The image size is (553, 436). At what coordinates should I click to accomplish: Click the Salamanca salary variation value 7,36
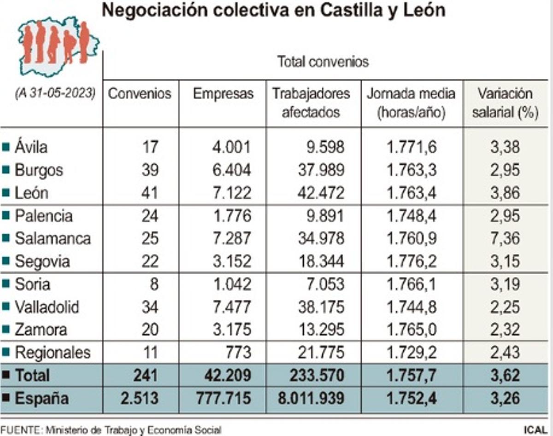505,239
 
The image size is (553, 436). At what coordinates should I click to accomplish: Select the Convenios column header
140,94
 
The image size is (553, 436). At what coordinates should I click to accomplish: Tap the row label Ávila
31,147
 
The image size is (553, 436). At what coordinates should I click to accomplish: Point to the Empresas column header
223,94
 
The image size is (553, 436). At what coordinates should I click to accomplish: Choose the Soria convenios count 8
153,284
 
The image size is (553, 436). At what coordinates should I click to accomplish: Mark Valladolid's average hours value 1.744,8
406,307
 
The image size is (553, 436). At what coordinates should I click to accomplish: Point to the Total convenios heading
323,62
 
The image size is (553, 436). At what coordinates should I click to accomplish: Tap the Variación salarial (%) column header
505,103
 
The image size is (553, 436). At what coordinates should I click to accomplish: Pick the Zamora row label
41,330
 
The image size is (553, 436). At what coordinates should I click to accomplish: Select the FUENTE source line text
111,430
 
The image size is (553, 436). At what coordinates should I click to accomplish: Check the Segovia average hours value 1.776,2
406,262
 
